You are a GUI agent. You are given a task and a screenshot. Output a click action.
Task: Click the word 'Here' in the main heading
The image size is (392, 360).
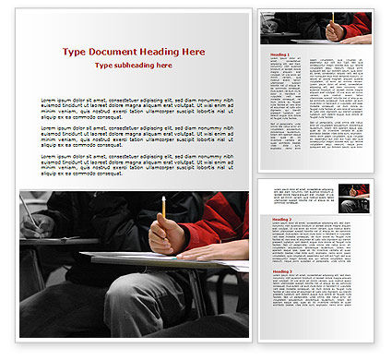(x=191, y=52)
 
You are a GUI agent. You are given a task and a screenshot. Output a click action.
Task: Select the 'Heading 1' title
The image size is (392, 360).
(x=278, y=54)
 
